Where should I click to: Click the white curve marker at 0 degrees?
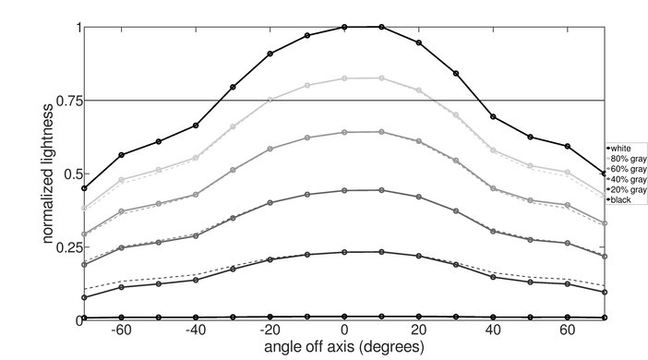344,28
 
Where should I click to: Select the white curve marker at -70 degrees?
84,188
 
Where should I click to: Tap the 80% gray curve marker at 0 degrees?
344,78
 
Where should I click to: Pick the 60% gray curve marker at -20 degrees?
270,149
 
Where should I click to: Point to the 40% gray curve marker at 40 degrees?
493,231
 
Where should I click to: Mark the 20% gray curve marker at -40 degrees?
196,280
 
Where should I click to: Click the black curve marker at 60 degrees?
568,317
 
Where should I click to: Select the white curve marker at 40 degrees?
493,117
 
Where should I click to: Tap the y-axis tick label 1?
74,28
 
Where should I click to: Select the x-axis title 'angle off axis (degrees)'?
343,349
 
